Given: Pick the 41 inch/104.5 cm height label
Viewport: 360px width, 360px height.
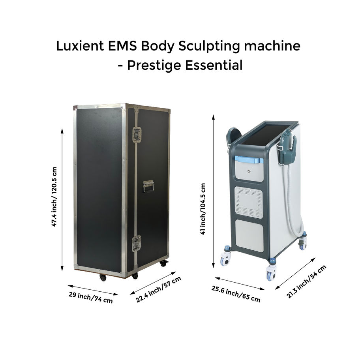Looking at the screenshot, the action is (203, 209).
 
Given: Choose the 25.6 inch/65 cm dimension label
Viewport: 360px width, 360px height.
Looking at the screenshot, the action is (236, 294).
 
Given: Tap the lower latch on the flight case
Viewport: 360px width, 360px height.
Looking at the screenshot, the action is (137, 242).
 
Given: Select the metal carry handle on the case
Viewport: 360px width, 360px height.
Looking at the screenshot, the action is (148, 186).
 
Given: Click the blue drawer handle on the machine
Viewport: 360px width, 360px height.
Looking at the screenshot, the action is (249, 160).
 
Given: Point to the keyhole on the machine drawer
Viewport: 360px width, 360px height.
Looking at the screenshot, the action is (249, 171).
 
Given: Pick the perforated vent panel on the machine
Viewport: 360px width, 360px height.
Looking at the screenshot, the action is (249, 202).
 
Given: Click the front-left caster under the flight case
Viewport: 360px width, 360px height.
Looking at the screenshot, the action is (103, 277).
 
